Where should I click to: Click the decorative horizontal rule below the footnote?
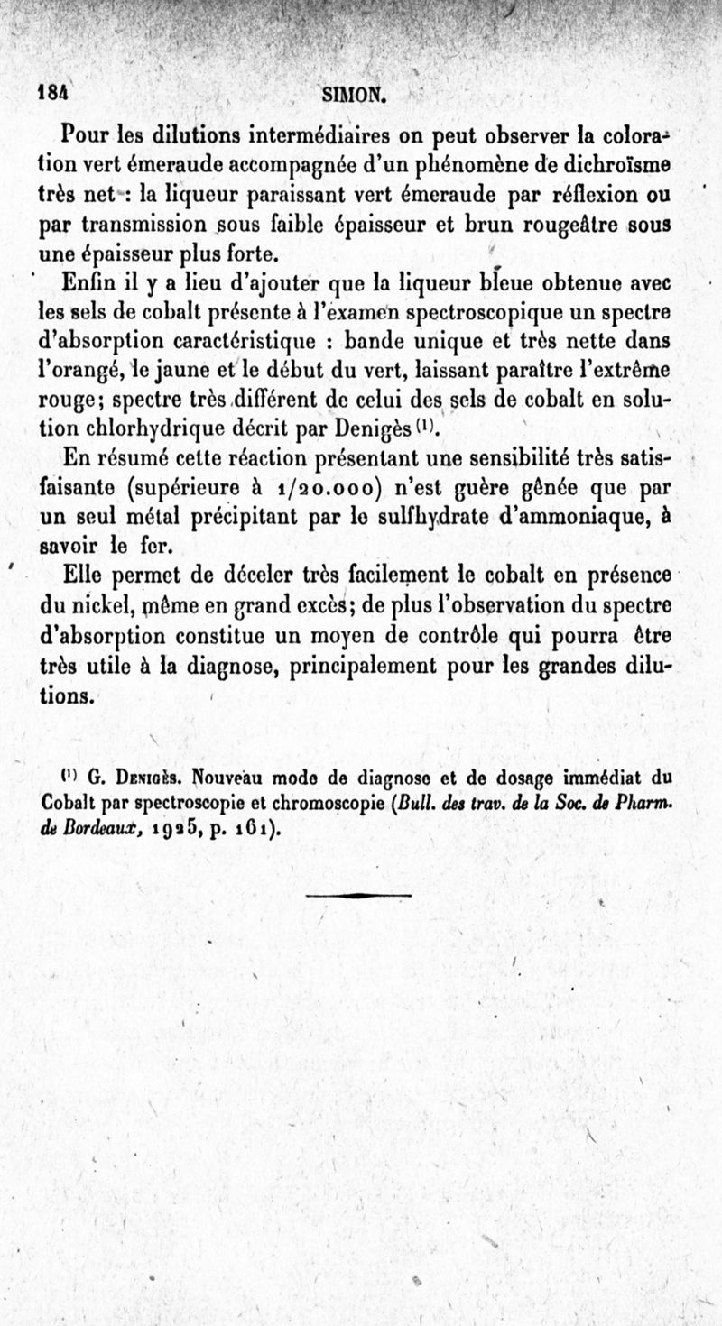[x=359, y=895]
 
